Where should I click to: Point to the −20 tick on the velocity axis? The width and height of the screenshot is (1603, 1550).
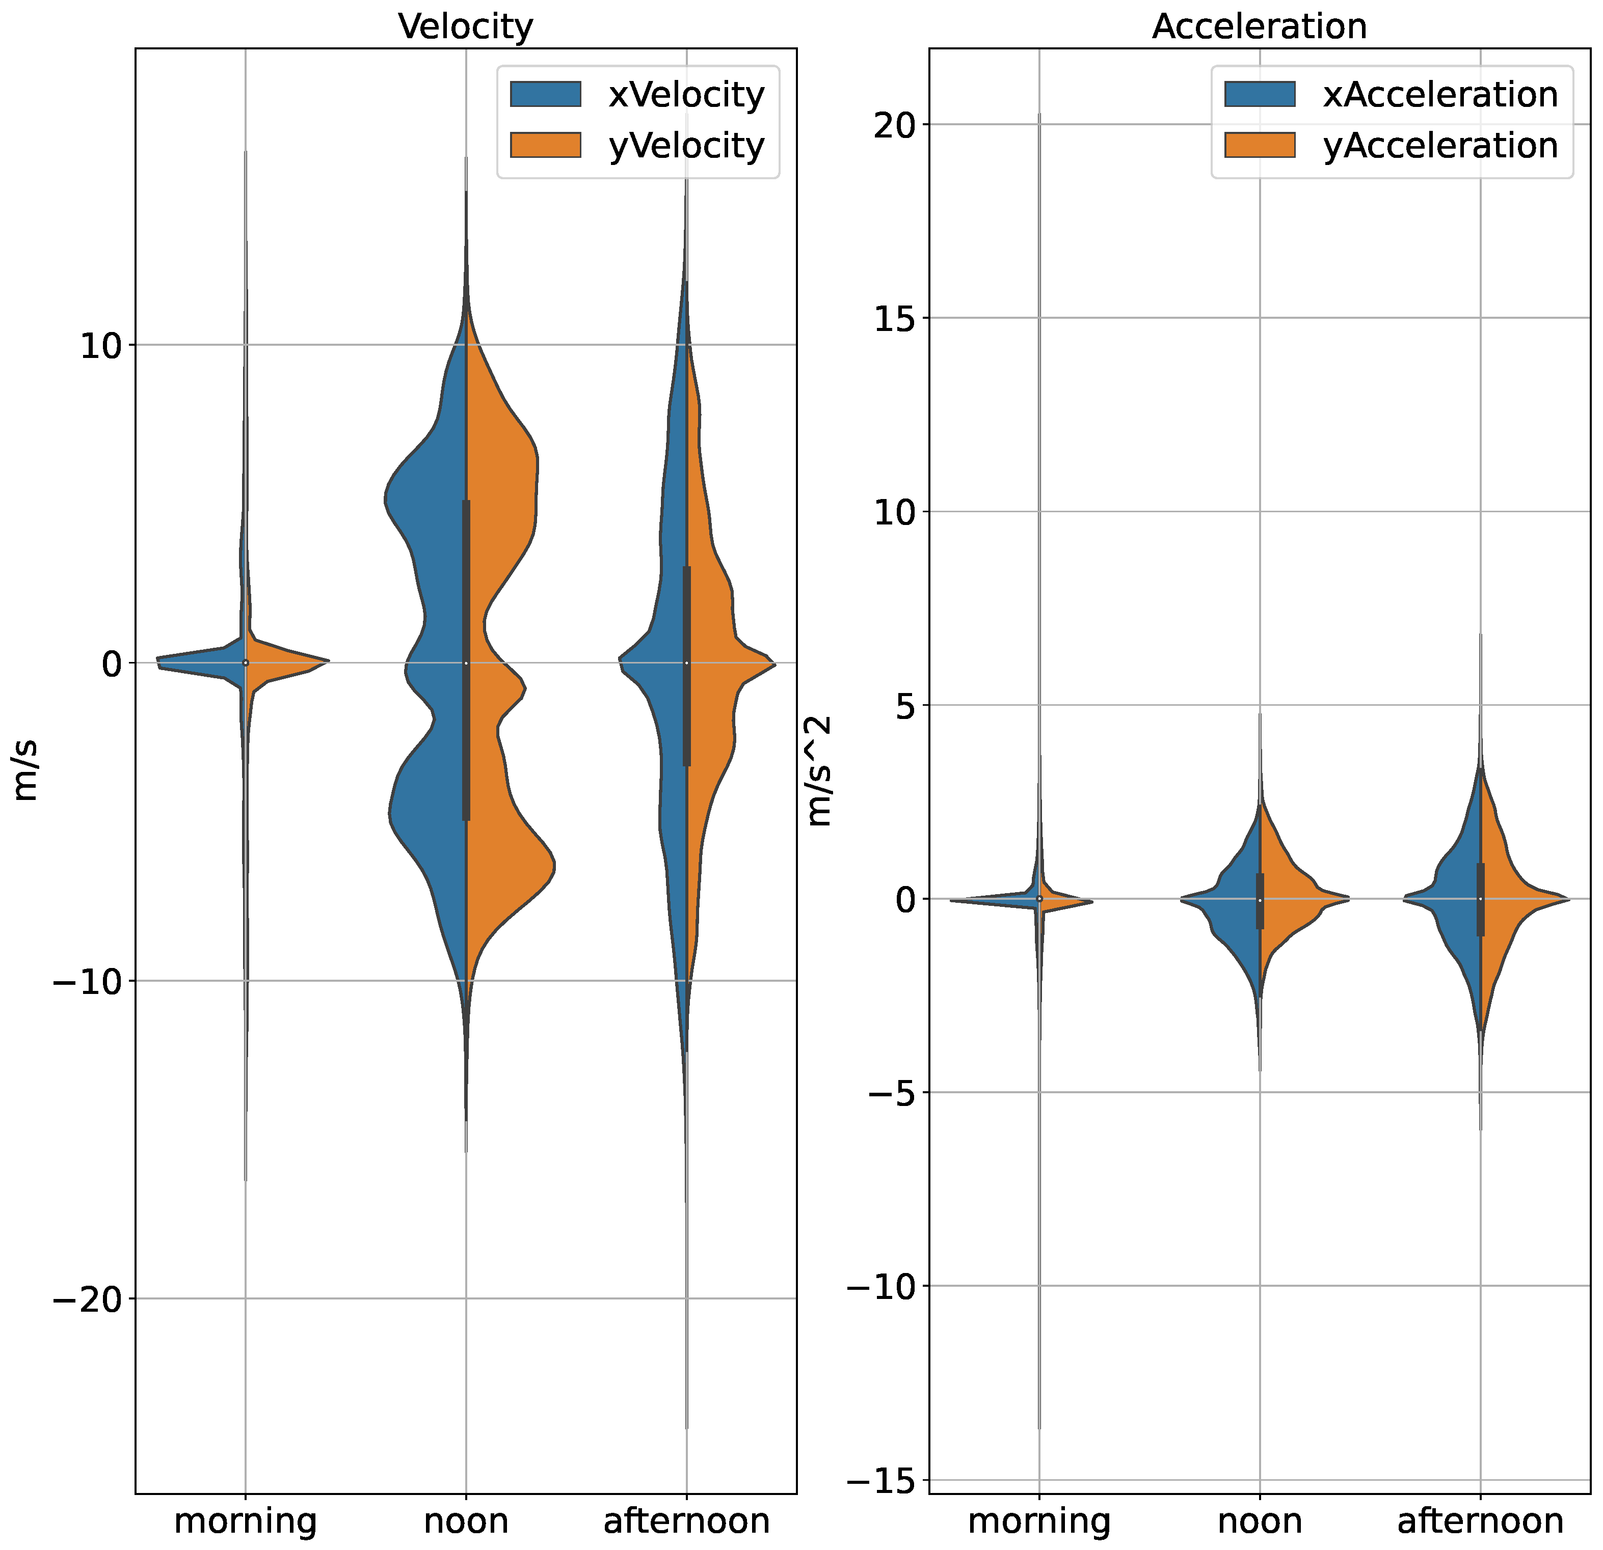[87, 1299]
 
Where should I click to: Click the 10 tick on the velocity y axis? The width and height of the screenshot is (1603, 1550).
[100, 346]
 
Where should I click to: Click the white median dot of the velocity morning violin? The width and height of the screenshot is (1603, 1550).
[246, 663]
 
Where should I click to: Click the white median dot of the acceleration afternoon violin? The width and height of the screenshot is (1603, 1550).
[1480, 899]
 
